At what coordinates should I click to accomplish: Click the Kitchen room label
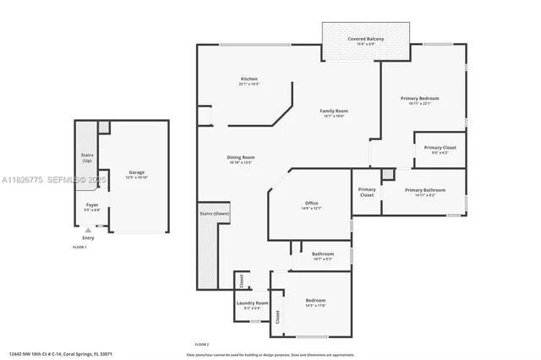(248, 79)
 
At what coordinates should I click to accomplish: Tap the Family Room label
(333, 111)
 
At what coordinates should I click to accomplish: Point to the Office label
(311, 204)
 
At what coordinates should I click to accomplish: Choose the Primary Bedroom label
(420, 98)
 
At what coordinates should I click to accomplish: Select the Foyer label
(92, 205)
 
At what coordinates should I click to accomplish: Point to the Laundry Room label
(256, 303)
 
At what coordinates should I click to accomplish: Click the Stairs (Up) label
(87, 157)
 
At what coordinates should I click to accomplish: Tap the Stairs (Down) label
(215, 214)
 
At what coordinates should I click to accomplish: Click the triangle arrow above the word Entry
(88, 230)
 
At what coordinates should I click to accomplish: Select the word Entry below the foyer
(88, 237)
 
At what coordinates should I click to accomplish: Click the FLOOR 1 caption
(79, 247)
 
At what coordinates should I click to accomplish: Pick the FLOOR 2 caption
(202, 345)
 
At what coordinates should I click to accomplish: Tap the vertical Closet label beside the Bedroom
(276, 318)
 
